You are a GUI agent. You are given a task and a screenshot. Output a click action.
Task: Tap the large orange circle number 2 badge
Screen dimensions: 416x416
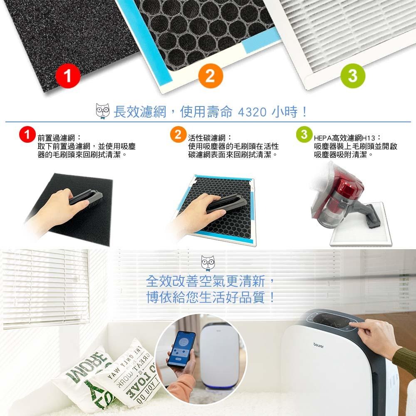pos(210,77)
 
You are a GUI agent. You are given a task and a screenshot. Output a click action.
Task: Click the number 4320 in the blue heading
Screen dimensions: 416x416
pos(252,112)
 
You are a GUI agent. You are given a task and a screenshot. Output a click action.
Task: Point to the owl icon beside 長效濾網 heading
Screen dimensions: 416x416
pos(102,111)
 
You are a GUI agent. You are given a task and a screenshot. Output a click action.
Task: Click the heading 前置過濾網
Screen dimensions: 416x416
pos(59,138)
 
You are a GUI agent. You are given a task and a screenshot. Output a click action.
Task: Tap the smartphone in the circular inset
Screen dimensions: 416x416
pos(181,349)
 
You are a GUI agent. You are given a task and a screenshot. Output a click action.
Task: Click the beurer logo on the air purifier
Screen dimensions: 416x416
pos(319,345)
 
